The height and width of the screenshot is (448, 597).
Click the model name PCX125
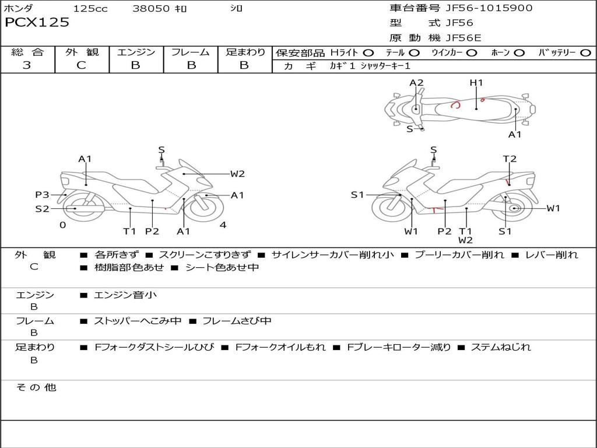pos(37,23)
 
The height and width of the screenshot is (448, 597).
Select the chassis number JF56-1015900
pos(481,8)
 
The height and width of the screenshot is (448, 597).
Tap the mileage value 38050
pos(151,9)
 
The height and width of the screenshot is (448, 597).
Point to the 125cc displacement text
pos(90,9)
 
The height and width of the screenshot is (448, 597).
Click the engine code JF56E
pos(463,38)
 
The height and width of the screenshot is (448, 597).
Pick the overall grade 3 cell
pos(27,65)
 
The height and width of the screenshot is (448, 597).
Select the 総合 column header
pos(27,52)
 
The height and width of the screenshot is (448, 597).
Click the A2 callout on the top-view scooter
pos(416,83)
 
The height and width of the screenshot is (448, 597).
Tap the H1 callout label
pos(476,83)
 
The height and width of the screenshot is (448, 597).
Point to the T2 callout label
pos(510,159)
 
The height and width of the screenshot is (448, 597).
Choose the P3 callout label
pos(42,195)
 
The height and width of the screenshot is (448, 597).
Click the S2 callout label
pos(42,208)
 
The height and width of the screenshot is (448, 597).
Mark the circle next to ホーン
pos(519,53)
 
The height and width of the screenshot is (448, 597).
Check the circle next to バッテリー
pos(585,53)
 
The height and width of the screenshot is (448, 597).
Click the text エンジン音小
pos(125,295)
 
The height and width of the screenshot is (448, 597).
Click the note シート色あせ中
pos(222,268)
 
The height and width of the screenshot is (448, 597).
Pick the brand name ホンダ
pos(19,9)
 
